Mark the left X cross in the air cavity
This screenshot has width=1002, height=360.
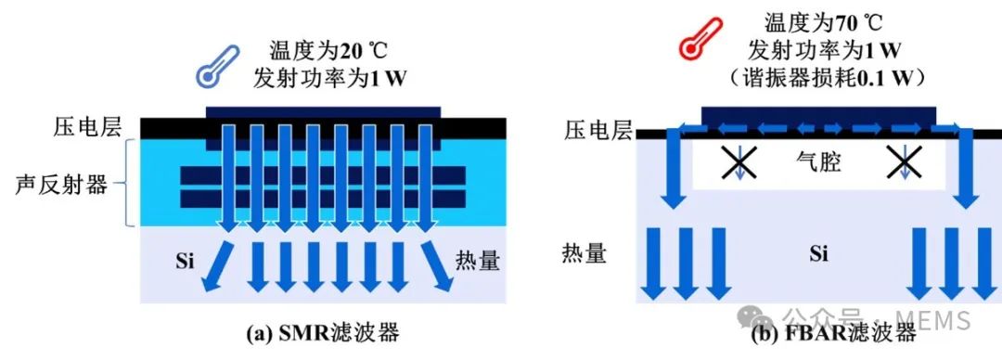click(739, 162)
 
